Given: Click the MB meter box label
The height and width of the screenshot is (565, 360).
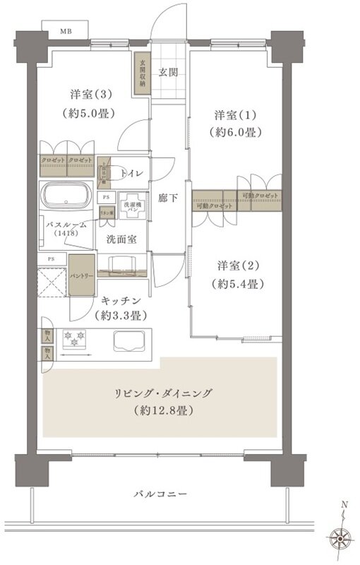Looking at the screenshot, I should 65,32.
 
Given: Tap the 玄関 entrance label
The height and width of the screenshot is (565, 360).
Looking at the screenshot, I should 167,73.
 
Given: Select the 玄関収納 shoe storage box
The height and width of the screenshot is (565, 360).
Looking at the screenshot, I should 142,73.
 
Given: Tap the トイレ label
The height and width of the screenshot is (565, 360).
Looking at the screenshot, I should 133,174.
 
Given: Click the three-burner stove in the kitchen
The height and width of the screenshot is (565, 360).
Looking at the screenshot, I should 74,339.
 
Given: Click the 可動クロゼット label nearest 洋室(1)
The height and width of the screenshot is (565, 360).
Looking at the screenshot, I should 260,196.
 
